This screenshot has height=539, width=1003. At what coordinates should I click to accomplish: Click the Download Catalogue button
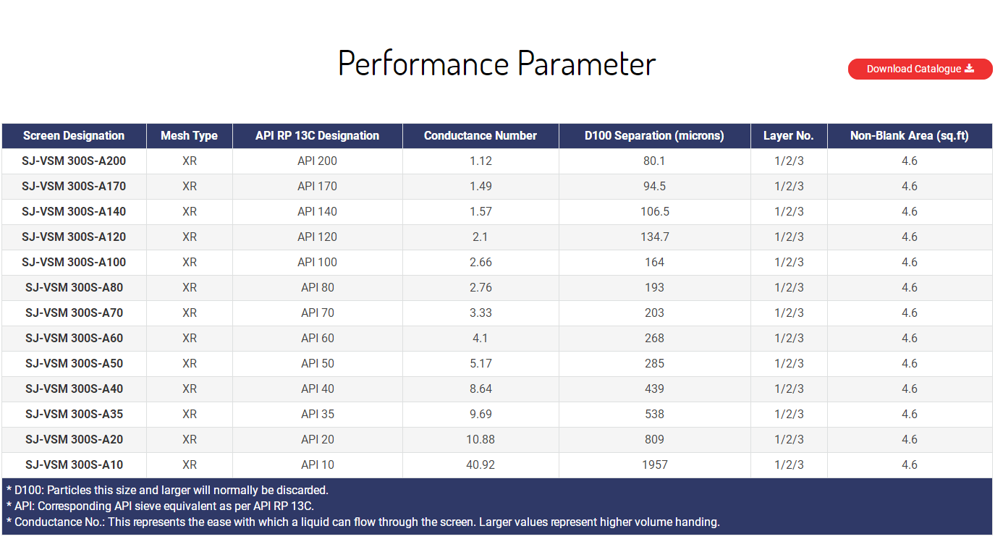pyautogui.click(x=920, y=69)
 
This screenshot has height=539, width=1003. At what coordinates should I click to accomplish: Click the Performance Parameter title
pyautogui.click(x=496, y=64)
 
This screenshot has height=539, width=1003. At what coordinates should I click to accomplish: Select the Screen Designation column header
pyautogui.click(x=74, y=135)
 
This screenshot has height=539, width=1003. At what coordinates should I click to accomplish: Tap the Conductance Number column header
pyautogui.click(x=481, y=135)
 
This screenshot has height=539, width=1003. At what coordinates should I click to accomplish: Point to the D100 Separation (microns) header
pyautogui.click(x=654, y=135)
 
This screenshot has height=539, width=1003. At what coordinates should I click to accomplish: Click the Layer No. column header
pyautogui.click(x=789, y=135)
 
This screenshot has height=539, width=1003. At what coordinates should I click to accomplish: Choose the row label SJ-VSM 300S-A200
pyautogui.click(x=74, y=161)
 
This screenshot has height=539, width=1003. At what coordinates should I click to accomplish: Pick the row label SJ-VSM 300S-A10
pyautogui.click(x=74, y=464)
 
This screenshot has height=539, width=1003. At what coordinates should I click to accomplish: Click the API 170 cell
pyautogui.click(x=317, y=186)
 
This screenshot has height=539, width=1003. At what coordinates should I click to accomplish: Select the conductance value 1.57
pyautogui.click(x=481, y=211)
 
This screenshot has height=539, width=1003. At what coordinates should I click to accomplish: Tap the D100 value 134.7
pyautogui.click(x=655, y=237)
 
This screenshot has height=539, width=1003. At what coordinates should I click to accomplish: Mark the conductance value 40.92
pyautogui.click(x=481, y=464)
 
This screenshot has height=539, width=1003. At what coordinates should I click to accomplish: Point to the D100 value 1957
pyautogui.click(x=655, y=464)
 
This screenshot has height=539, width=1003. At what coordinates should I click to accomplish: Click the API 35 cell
pyautogui.click(x=318, y=414)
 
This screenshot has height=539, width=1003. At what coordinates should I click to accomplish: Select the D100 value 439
pyautogui.click(x=654, y=389)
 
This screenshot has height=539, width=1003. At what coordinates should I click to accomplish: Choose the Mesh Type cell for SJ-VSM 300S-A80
pyautogui.click(x=190, y=287)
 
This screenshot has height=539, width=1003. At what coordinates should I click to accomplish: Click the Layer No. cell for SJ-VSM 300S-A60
pyautogui.click(x=789, y=338)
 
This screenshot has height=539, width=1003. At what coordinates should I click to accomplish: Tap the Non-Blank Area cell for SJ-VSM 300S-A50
pyautogui.click(x=910, y=363)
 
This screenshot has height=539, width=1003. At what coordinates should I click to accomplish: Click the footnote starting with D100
pyautogui.click(x=167, y=491)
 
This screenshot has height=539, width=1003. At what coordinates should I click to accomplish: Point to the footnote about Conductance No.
pyautogui.click(x=363, y=522)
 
